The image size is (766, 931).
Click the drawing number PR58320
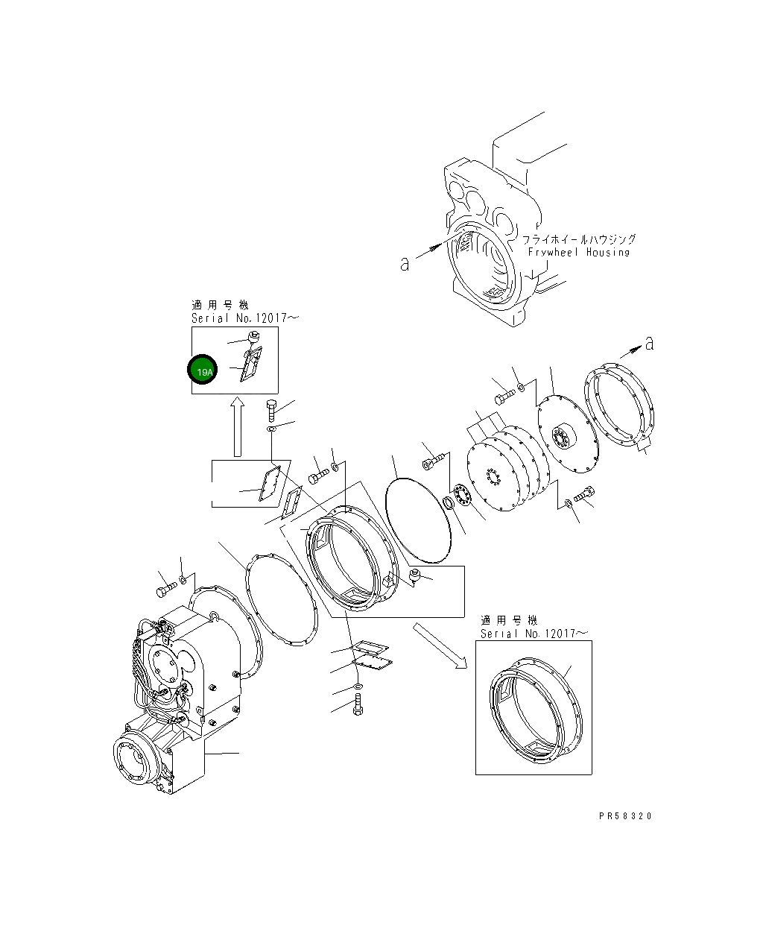(624, 816)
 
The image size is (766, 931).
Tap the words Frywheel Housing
(579, 253)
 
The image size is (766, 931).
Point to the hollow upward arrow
(237, 426)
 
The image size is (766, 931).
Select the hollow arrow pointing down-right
(440, 646)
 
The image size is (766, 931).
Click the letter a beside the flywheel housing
(405, 263)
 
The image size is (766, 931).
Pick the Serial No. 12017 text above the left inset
(235, 318)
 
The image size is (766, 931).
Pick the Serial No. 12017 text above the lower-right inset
(534, 634)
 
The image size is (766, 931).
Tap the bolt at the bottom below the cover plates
(358, 704)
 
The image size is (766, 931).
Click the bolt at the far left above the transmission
(164, 589)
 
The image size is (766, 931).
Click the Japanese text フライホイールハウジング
(579, 239)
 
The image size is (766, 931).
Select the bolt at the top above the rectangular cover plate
(272, 409)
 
